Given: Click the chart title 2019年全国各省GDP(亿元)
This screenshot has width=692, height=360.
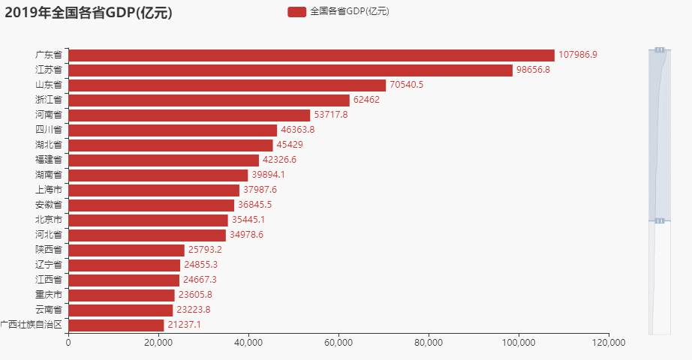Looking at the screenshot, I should [x=89, y=12].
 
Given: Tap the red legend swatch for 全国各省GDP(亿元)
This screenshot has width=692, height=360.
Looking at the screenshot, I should [x=296, y=12].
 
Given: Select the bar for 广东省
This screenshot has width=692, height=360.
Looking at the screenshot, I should [x=311, y=55].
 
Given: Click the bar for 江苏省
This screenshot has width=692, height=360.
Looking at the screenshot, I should [x=290, y=70].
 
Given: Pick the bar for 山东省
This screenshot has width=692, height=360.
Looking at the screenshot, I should [x=227, y=85].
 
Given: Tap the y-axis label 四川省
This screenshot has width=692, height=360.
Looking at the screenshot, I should [x=49, y=130].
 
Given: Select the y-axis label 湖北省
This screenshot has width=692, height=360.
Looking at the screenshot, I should [x=49, y=145].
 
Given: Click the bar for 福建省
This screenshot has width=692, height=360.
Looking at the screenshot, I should [x=164, y=160].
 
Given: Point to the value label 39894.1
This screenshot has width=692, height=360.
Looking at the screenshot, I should [x=269, y=175].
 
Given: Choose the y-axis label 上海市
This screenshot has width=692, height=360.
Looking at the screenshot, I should [x=49, y=190].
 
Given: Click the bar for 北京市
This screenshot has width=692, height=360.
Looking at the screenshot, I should [x=148, y=220].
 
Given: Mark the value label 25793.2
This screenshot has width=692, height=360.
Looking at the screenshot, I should [x=206, y=250].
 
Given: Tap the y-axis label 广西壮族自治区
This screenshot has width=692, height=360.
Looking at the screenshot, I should [x=31, y=325].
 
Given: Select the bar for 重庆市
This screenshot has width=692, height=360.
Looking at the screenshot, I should [x=122, y=295].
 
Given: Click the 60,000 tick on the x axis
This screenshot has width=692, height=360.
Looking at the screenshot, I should [x=338, y=343].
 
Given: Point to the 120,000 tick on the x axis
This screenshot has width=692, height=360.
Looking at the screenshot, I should [x=608, y=343].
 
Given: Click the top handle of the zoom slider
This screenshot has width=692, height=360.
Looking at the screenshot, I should [x=660, y=49].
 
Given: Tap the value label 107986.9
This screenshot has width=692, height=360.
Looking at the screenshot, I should [x=578, y=55].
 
